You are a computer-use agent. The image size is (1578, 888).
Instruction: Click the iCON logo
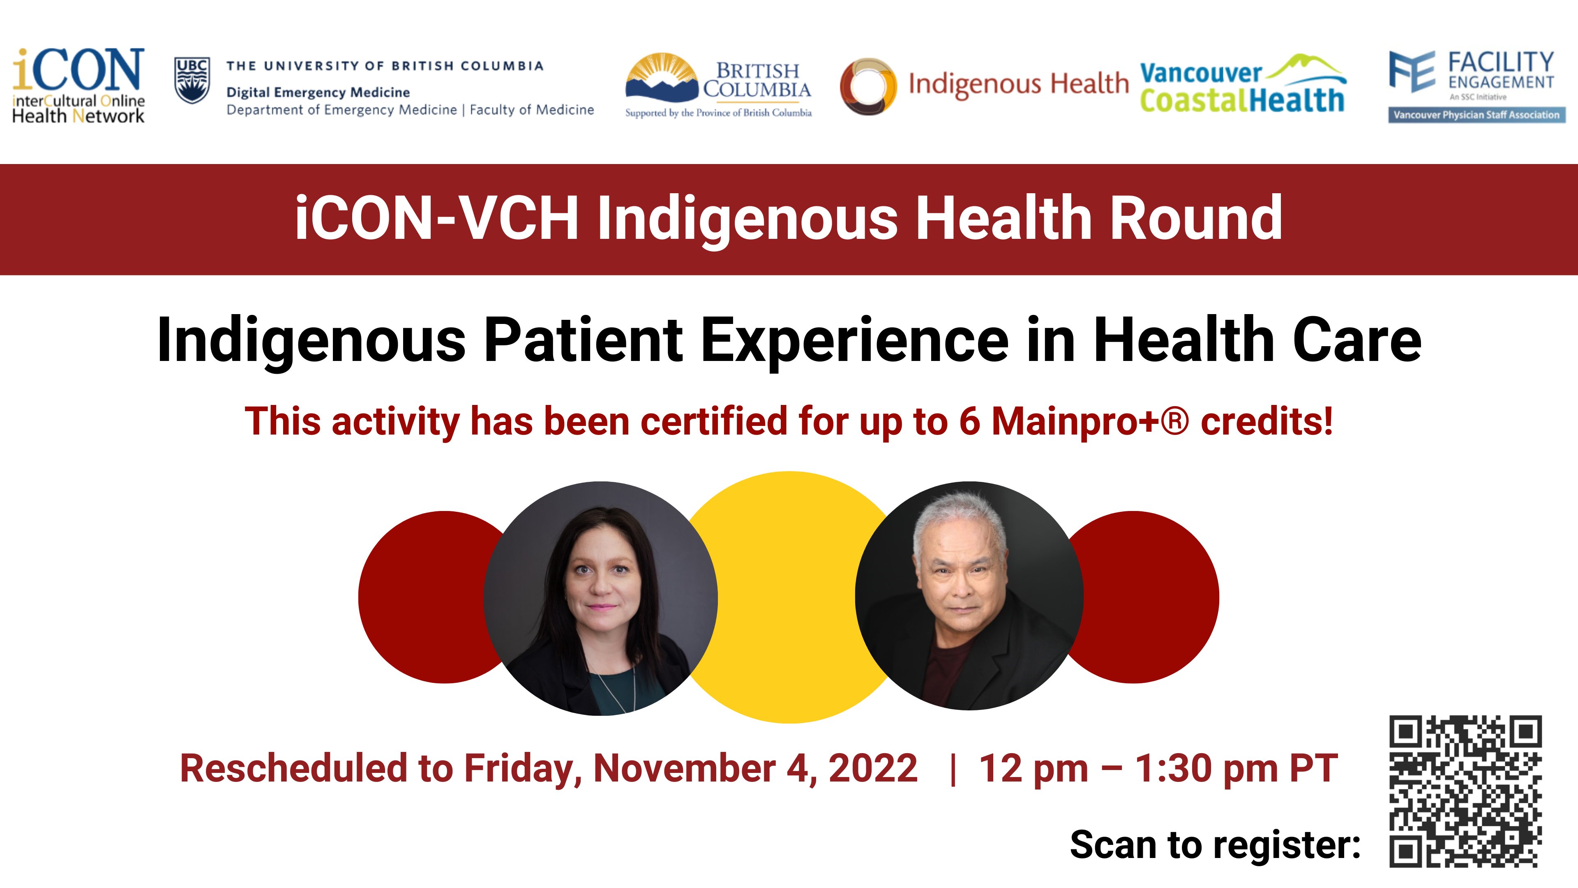click(x=78, y=86)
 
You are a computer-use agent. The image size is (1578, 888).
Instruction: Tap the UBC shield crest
click(x=192, y=80)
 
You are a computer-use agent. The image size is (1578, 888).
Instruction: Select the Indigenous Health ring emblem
click(x=868, y=86)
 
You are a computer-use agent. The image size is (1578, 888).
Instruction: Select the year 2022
click(x=873, y=768)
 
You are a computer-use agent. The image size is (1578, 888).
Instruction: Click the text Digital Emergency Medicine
click(x=318, y=92)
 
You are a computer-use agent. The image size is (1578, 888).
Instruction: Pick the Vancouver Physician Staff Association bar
click(x=1476, y=115)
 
